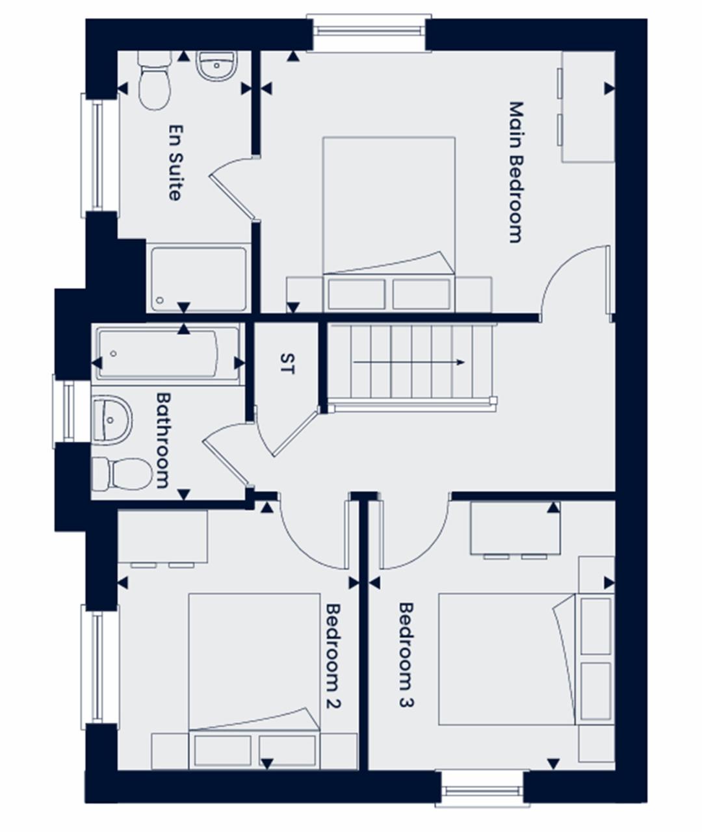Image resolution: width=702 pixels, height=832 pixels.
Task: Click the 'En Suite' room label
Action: coord(176,162)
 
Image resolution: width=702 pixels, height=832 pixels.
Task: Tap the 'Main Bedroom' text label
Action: coord(516,172)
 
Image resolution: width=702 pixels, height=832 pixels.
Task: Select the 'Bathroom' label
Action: coord(163,441)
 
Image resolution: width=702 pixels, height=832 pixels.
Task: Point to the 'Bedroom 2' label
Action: coord(333,656)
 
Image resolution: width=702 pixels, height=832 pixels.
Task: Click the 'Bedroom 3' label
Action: coord(406,655)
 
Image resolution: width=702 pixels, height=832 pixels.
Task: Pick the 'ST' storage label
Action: coord(287,363)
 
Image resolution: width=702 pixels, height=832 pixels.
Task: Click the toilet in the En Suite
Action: coord(155,81)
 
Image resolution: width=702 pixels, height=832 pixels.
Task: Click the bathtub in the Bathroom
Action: coord(168,354)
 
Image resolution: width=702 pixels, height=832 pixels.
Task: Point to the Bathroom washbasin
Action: coord(112,420)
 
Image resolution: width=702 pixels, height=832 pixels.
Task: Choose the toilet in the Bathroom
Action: coord(122,474)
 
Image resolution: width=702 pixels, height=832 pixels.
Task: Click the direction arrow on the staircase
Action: coord(409,362)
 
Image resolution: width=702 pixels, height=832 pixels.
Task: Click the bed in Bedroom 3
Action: coord(526,659)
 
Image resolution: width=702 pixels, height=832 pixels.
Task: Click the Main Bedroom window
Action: coord(369,32)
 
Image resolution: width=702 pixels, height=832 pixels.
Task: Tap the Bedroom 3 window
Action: coord(482,789)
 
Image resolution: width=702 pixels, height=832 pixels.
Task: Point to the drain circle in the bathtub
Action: coord(114,354)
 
